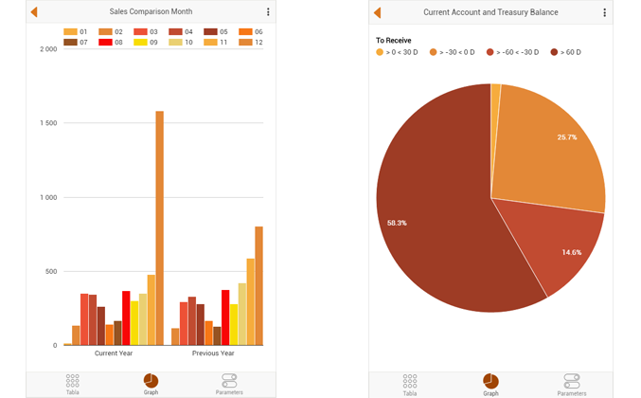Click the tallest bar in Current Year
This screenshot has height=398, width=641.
[159, 228]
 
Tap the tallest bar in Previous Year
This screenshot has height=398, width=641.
[258, 285]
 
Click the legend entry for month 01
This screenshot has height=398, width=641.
[77, 32]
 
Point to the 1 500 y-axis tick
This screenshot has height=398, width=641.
[46, 123]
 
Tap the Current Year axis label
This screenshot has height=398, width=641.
[114, 353]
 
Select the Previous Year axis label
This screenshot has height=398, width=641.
[213, 353]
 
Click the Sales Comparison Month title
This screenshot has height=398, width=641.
[151, 12]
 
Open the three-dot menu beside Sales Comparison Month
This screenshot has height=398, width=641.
[268, 12]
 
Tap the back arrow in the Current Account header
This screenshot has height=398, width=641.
[378, 12]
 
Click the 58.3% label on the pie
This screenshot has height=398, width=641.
[398, 223]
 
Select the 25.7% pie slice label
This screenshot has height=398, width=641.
[566, 137]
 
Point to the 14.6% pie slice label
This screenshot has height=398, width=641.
[571, 253]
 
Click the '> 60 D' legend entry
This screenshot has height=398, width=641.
[565, 52]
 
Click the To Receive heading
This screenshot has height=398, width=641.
[393, 40]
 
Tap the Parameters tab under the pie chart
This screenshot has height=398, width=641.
[572, 383]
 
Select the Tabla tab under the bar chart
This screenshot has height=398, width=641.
[73, 383]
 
